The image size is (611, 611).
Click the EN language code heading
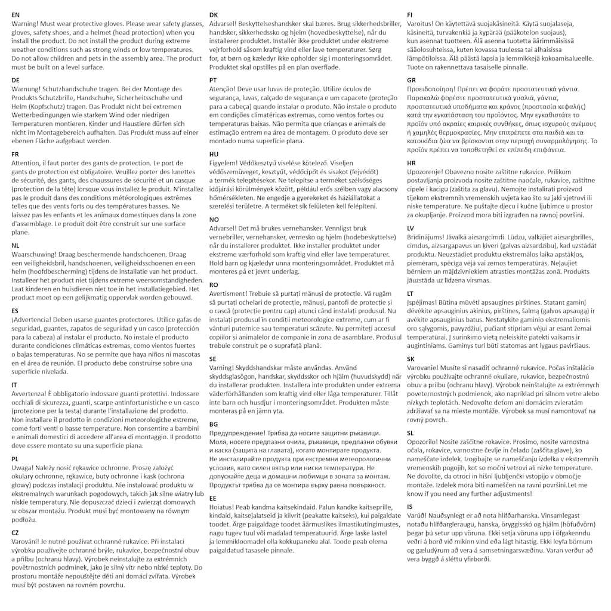pos(16,14)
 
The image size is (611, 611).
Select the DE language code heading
pos(16,80)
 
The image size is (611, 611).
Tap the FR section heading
pos(16,154)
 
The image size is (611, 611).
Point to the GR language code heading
pos(412,80)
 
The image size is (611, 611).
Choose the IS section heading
pos(410,507)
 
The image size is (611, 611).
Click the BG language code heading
pos(214,424)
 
